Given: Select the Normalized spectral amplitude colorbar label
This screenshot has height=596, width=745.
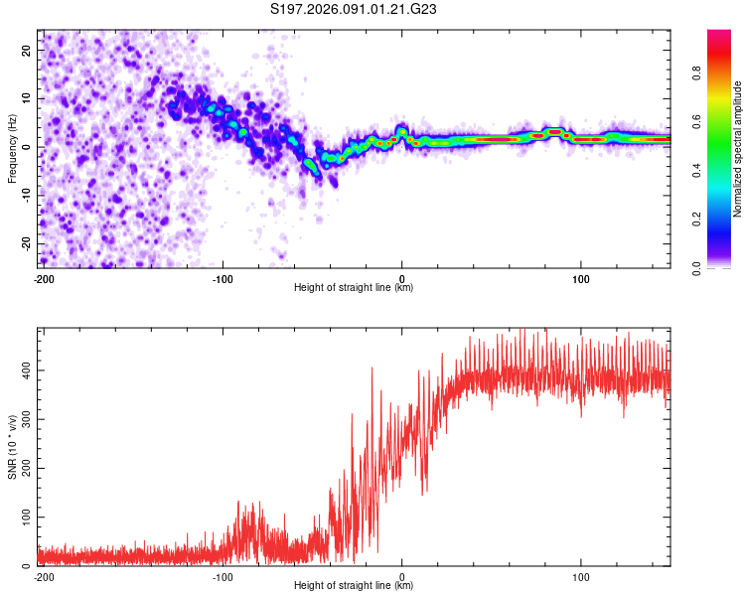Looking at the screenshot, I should (738, 149).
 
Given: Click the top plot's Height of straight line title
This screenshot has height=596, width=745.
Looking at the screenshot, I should (354, 287).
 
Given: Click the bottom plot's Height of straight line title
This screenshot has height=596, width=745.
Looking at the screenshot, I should (354, 585).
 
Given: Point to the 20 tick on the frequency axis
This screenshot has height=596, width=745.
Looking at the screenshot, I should (27, 50).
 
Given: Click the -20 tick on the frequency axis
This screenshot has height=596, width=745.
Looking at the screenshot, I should (25, 243).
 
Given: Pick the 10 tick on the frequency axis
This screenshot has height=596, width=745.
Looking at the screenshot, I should (27, 98).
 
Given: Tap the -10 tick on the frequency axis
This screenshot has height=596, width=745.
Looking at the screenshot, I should (25, 195).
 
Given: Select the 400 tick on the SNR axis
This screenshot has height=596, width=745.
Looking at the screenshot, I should (23, 370).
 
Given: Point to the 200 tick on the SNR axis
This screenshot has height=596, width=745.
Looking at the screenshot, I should (23, 468).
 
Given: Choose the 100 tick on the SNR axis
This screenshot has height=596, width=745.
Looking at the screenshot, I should (23, 518).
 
